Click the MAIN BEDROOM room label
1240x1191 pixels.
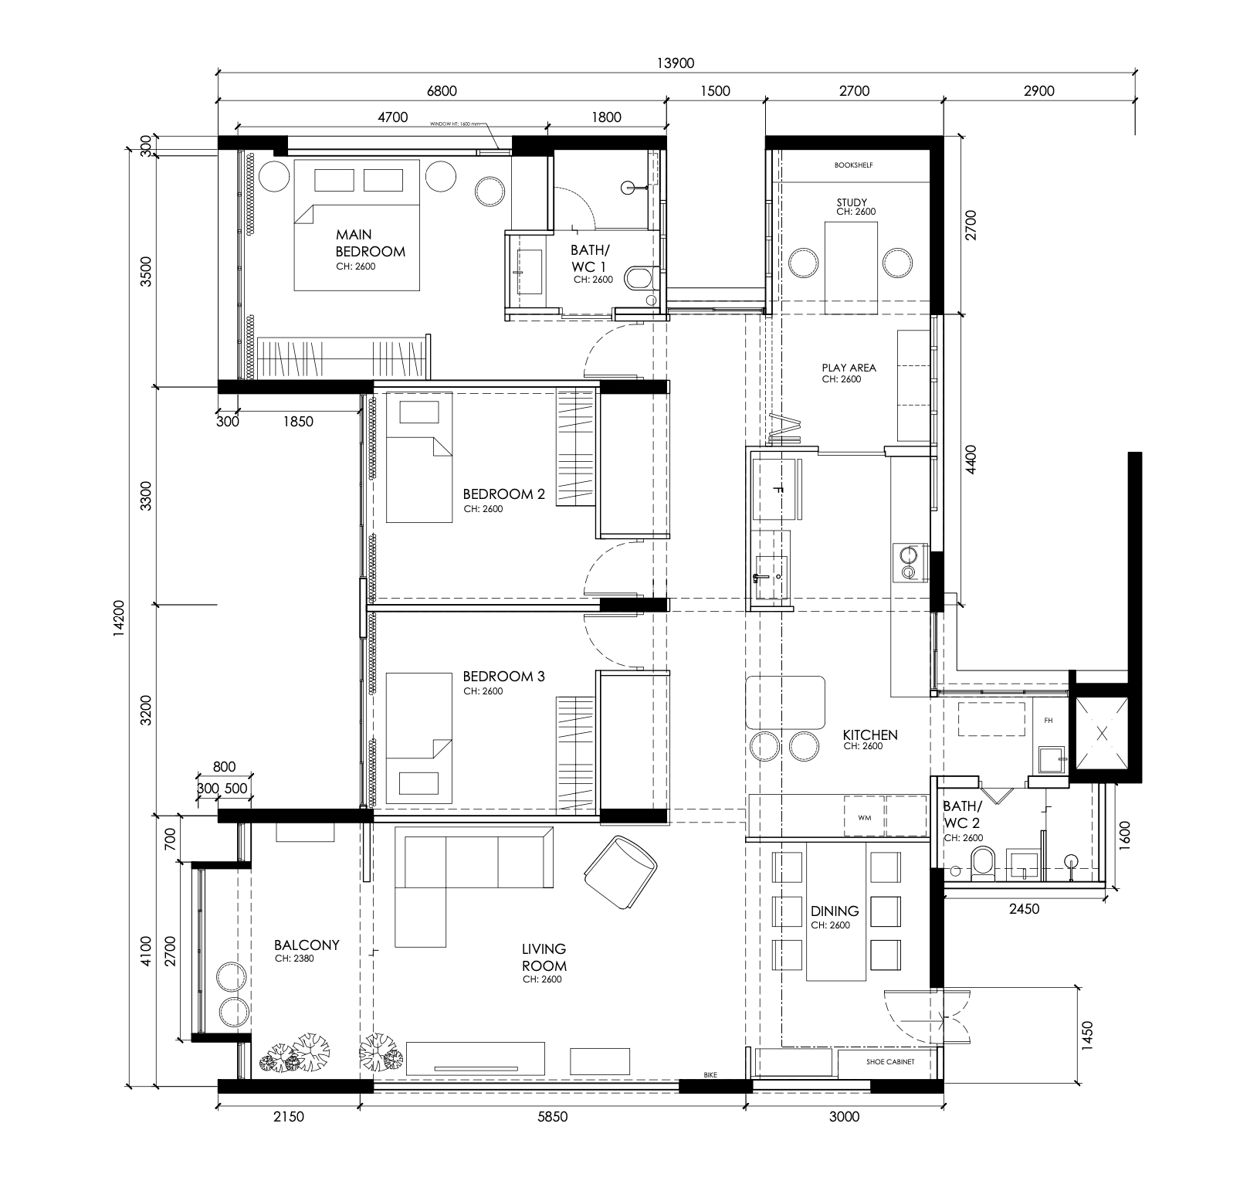click(369, 243)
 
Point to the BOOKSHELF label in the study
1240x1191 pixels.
click(853, 165)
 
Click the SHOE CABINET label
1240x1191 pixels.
click(889, 1062)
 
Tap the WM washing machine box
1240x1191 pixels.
click(864, 818)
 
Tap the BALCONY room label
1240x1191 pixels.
click(307, 945)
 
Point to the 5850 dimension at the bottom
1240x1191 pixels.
click(552, 1117)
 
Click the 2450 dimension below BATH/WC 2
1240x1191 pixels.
click(1024, 909)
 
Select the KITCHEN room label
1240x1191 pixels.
click(869, 735)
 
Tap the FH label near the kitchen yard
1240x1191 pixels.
click(1048, 721)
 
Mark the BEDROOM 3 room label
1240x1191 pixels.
click(503, 677)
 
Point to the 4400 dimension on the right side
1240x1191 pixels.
click(971, 459)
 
